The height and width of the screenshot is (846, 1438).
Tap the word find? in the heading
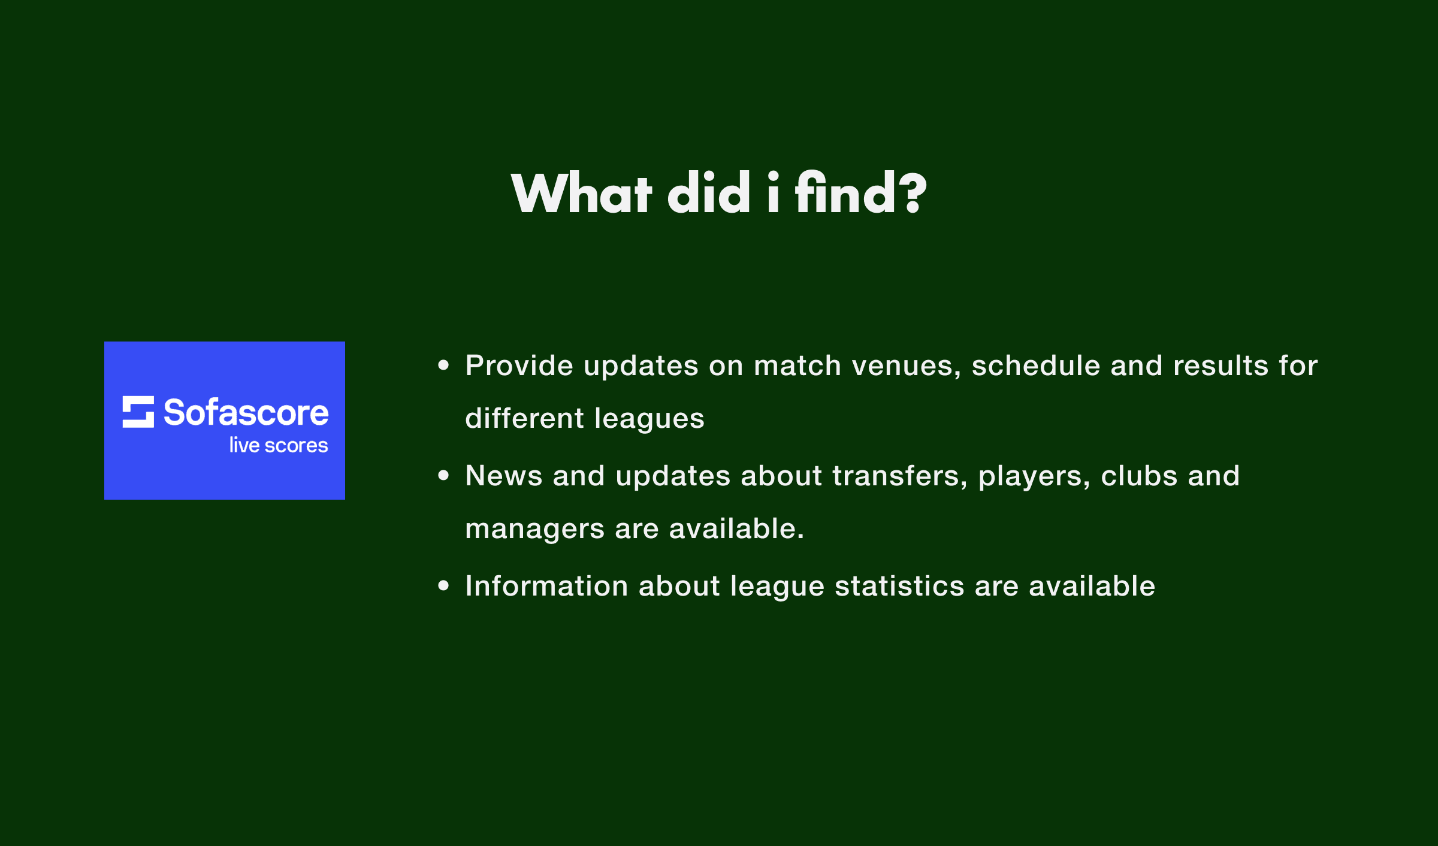click(x=861, y=192)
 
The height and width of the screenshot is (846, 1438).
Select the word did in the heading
click(x=709, y=192)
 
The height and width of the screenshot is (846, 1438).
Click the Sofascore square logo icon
click(x=138, y=412)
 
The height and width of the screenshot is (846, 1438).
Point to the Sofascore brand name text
click(x=246, y=412)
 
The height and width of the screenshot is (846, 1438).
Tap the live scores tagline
click(x=279, y=445)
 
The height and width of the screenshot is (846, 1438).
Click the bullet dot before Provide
click(x=443, y=365)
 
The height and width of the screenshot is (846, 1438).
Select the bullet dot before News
click(x=443, y=475)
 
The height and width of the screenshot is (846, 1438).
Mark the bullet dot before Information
click(x=443, y=585)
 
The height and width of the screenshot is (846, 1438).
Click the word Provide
click(x=519, y=365)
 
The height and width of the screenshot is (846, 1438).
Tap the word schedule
click(x=1036, y=365)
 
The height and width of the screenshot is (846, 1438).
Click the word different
click(x=525, y=418)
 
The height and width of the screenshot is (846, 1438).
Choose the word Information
click(x=547, y=586)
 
